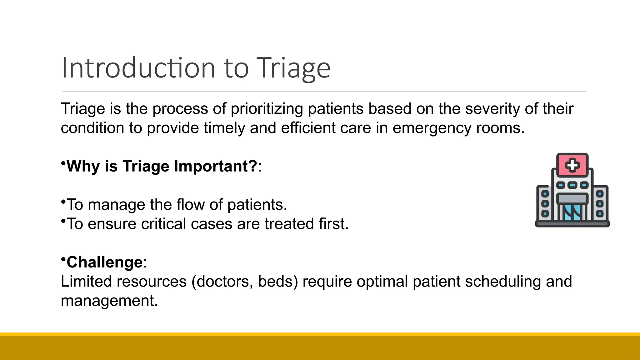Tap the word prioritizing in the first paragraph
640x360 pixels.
(267, 109)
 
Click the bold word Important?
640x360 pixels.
(216, 166)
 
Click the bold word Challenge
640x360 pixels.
(104, 262)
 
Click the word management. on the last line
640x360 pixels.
(109, 301)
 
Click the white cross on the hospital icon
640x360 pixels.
(572, 165)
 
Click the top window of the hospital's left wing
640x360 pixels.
(545, 194)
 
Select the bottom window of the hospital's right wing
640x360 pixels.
(600, 214)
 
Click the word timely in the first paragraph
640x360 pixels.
(224, 128)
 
